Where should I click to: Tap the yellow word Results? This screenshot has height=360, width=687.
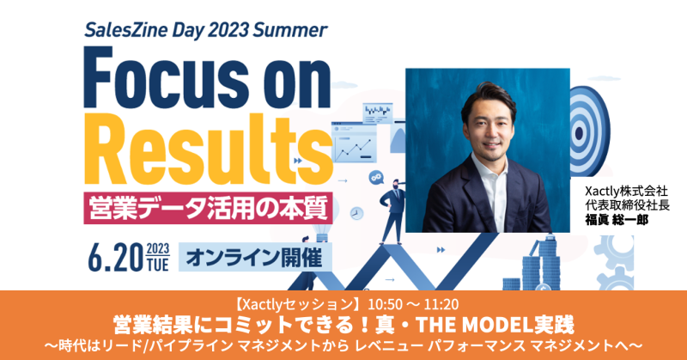208,150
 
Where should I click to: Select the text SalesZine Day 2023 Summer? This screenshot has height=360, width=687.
205,30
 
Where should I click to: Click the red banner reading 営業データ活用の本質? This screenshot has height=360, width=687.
208,208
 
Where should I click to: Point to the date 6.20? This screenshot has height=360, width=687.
116,258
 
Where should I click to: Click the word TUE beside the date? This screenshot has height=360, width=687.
158,265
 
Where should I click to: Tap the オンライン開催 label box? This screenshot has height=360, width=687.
255,257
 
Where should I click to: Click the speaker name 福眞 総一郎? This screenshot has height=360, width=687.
617,220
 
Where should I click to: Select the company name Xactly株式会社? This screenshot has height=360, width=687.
626,192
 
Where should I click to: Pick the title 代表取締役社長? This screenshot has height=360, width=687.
628,205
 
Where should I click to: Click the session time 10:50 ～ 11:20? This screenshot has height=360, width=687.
413,304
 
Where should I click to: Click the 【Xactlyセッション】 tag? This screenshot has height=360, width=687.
297,304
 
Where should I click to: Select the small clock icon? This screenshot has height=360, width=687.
357,214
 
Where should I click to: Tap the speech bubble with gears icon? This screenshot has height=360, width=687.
376,177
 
